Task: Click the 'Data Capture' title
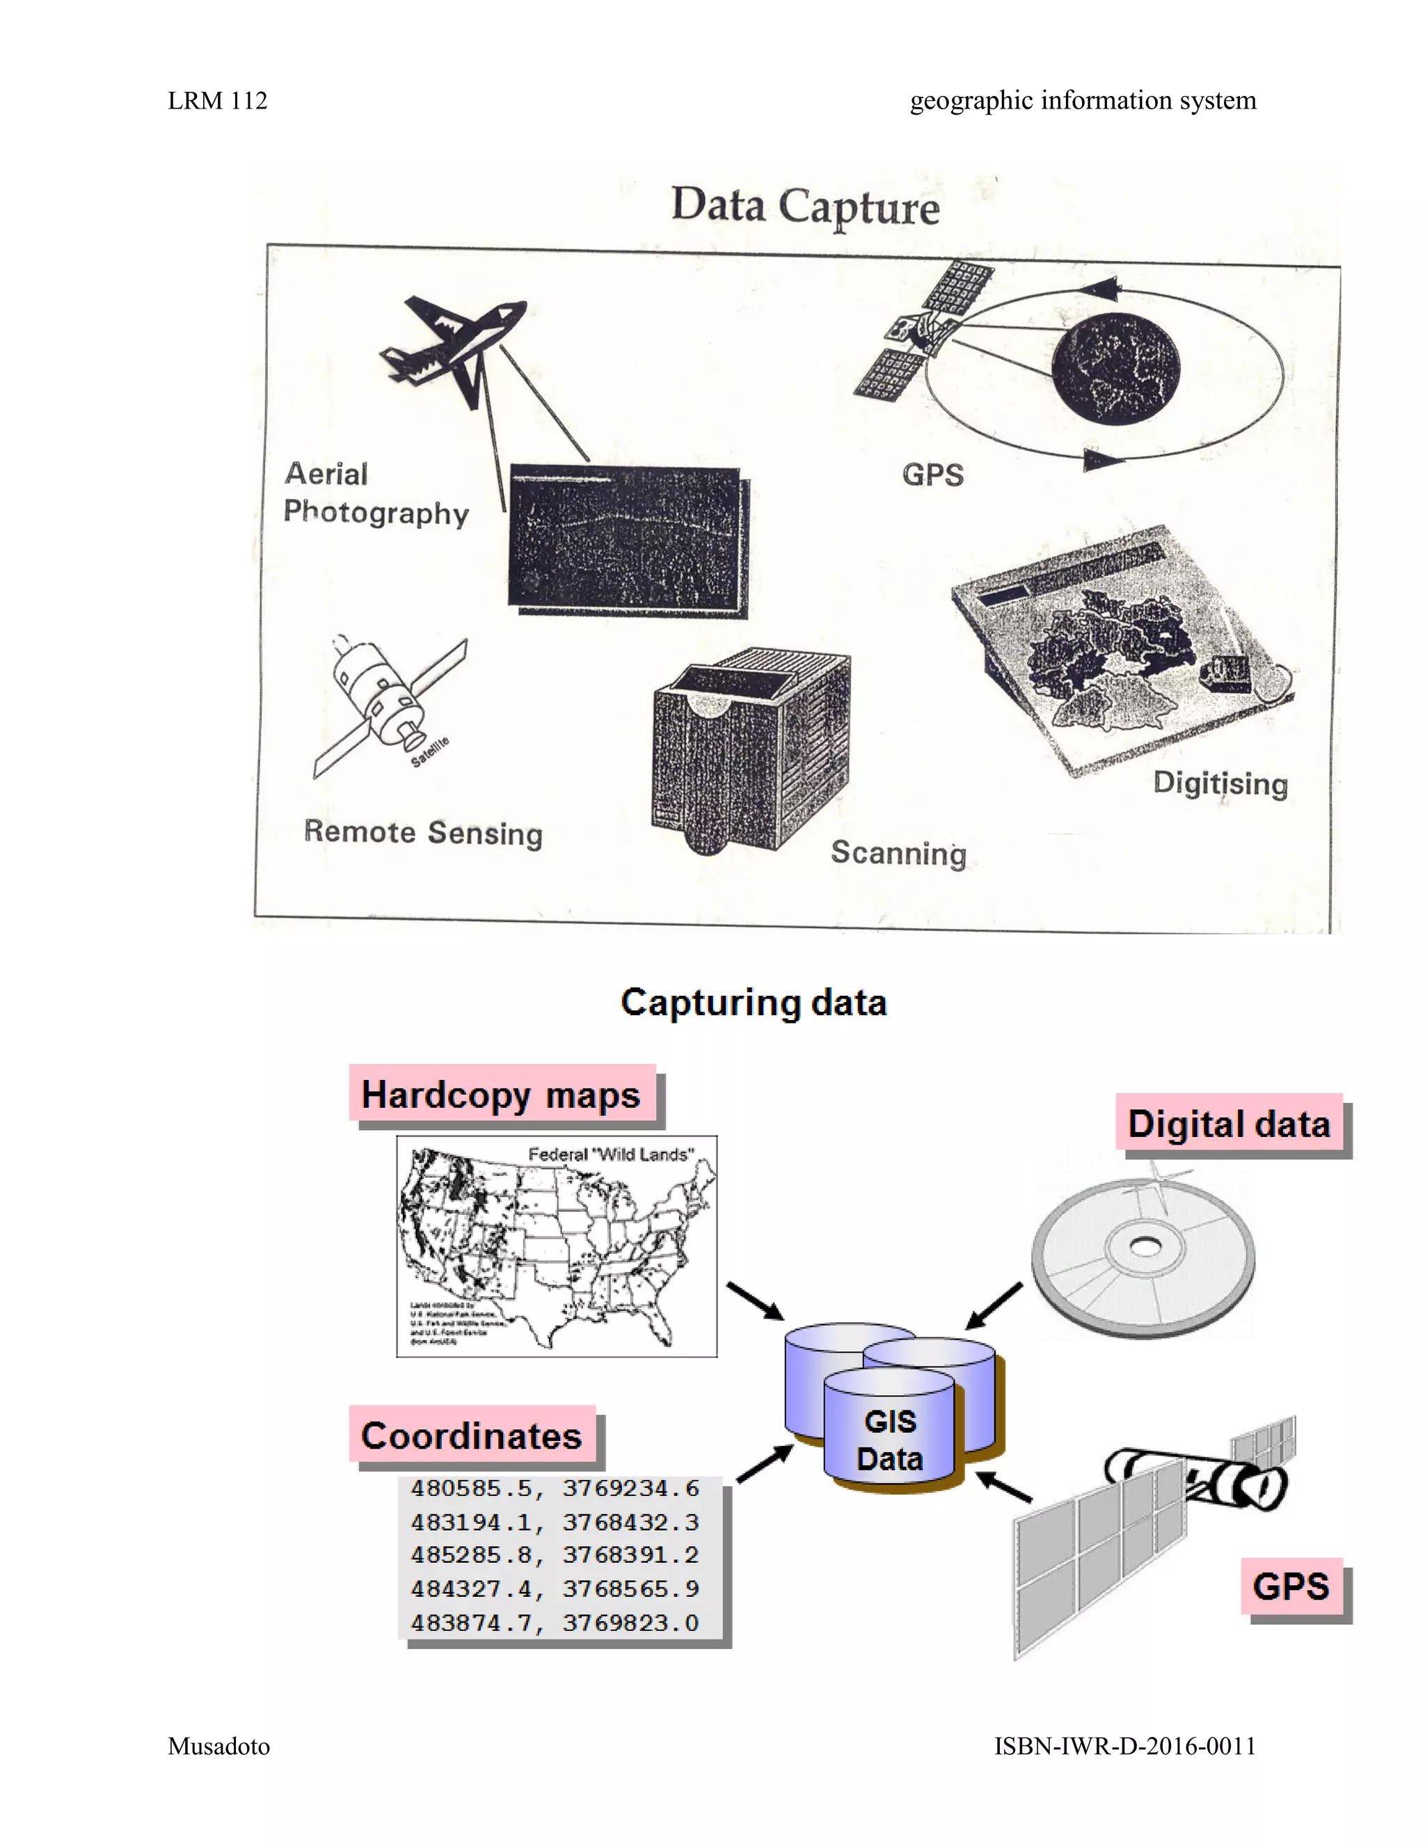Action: point(804,206)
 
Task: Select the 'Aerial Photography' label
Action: point(375,493)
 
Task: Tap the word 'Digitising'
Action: point(1220,783)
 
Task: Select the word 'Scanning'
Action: point(898,853)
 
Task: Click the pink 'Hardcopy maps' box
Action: point(502,1095)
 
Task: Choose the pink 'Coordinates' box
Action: point(472,1436)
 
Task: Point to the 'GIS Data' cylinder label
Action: point(890,1440)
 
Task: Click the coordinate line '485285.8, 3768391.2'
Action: point(555,1555)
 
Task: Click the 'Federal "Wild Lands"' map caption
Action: point(610,1154)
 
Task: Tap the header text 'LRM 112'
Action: point(217,100)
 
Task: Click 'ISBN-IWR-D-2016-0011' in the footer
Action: point(1124,1746)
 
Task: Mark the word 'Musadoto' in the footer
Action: point(218,1746)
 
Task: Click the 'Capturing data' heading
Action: point(753,1003)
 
